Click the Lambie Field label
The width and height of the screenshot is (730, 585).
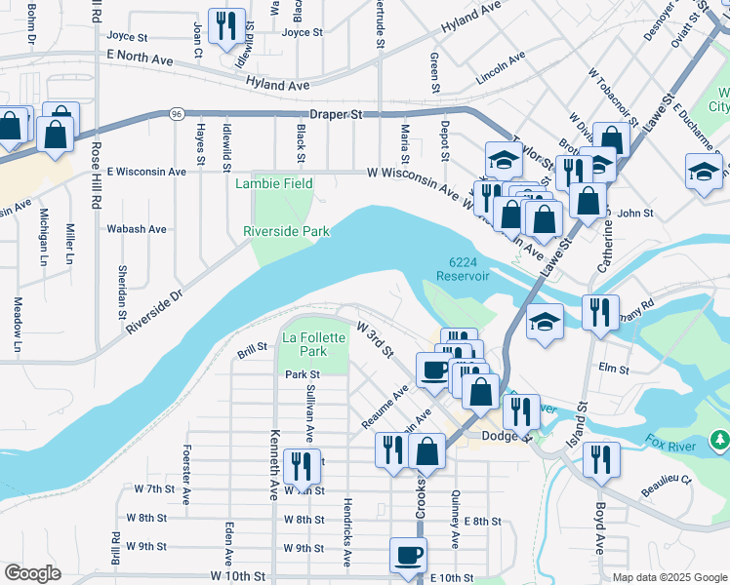point(273,183)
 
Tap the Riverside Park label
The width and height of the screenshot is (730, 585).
point(286,231)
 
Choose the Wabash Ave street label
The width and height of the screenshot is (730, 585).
point(137,229)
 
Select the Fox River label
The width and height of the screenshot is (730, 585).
point(673,444)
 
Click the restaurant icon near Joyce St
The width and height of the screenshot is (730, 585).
point(226,27)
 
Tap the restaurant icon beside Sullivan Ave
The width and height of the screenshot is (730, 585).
point(301,467)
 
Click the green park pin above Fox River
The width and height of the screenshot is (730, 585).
point(720,441)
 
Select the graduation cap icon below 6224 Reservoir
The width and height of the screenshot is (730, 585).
point(544,323)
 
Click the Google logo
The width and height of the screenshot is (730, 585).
point(32,573)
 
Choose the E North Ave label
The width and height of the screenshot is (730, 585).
point(140,60)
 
